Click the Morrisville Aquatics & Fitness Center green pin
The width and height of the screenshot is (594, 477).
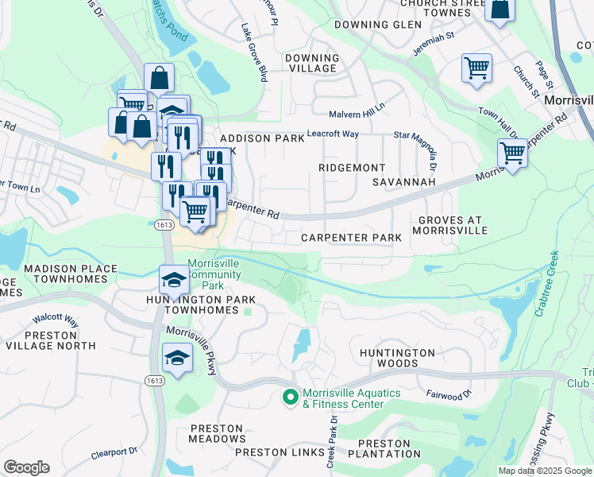click(x=291, y=396)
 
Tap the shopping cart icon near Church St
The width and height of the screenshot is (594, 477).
click(x=476, y=68)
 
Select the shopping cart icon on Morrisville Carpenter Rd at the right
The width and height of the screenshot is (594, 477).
click(x=512, y=152)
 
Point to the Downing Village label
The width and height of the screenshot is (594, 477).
click(x=311, y=63)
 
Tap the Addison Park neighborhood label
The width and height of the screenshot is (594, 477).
click(x=262, y=138)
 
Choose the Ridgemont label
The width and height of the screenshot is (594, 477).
click(x=351, y=168)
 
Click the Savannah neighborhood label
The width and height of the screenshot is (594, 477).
click(x=404, y=182)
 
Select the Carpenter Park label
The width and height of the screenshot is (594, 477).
click(x=351, y=238)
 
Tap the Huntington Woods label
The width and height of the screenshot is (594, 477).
click(x=396, y=358)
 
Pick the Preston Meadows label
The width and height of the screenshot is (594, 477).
click(x=217, y=433)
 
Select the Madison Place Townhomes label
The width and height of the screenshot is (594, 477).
click(x=70, y=274)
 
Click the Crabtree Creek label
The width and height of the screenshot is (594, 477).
click(x=547, y=284)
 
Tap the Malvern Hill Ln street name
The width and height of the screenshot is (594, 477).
click(x=357, y=107)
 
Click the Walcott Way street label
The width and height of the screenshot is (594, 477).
click(x=55, y=320)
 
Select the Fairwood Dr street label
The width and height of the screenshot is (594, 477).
click(x=449, y=393)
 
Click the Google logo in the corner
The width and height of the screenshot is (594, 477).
click(x=26, y=467)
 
